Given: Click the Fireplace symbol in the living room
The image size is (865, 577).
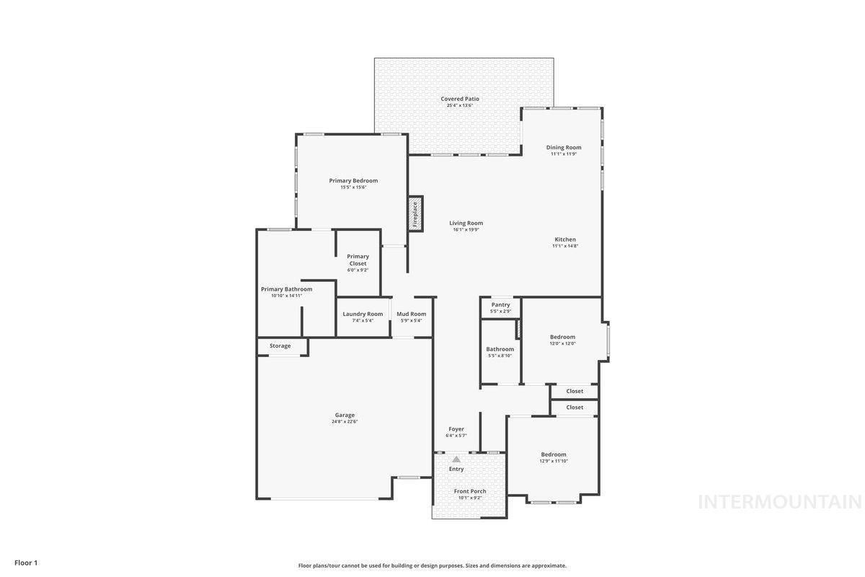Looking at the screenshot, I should [x=415, y=214].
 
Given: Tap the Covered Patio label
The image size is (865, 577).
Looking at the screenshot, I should [x=460, y=99].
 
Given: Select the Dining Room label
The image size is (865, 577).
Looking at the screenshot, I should [x=563, y=147].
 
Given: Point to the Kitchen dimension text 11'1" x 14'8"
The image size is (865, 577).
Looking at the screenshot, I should [x=565, y=246].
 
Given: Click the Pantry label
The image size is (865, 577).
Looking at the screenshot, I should [x=500, y=304].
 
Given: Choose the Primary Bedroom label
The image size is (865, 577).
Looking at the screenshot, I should [x=353, y=180].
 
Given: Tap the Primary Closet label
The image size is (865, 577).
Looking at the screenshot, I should [x=358, y=260].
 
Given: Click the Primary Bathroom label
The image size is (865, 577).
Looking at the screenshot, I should [x=286, y=288].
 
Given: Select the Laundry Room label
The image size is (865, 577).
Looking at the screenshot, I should [x=363, y=314].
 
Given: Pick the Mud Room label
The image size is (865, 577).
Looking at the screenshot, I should [x=411, y=314].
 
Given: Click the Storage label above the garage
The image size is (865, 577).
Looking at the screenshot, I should [x=280, y=345].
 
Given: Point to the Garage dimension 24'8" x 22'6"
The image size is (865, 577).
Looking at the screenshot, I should [x=345, y=422].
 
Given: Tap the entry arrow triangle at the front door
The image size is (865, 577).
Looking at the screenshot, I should [x=456, y=459].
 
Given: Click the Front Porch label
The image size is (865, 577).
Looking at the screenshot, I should [x=470, y=491].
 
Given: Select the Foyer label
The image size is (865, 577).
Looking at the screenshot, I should [x=456, y=429].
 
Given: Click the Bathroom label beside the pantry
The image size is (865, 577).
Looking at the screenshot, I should [x=500, y=349].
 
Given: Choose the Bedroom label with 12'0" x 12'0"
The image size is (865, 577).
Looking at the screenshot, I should [x=562, y=337].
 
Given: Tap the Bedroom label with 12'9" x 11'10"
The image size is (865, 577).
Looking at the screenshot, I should [x=554, y=454].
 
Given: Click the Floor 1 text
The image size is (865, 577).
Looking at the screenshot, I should [x=26, y=562].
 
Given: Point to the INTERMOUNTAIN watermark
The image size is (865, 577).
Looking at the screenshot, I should [x=779, y=502].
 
